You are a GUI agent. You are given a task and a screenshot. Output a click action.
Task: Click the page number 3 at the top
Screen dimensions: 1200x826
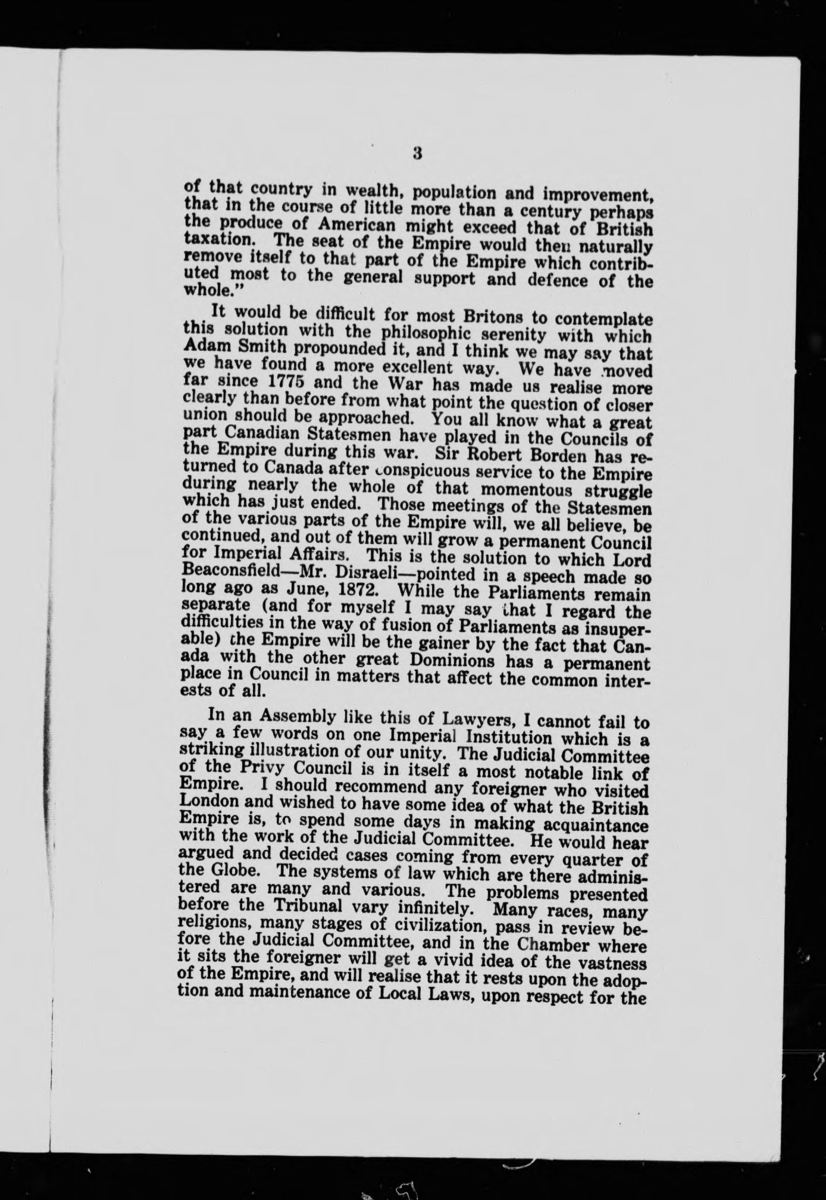(417, 154)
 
